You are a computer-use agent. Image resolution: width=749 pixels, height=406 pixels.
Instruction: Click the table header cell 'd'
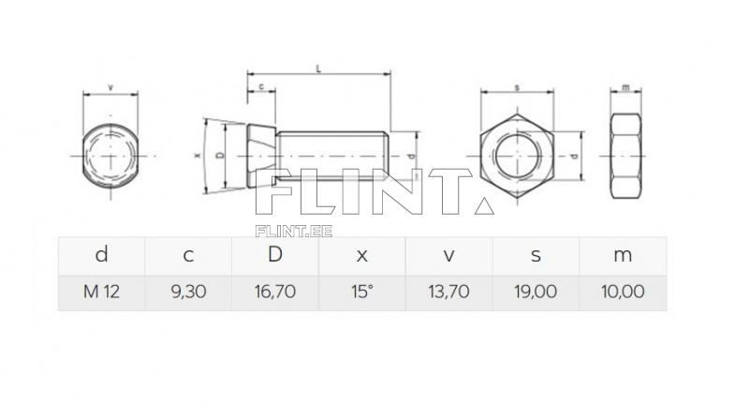point(101,255)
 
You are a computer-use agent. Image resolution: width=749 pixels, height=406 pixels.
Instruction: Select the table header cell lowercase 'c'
point(188,255)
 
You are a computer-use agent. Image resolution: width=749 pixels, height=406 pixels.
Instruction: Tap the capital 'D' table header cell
point(274,255)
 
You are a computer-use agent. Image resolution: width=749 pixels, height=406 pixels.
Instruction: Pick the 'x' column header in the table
point(361,255)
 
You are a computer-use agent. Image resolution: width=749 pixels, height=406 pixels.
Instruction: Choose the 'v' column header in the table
point(448,255)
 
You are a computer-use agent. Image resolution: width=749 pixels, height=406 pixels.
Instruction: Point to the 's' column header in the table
point(536,255)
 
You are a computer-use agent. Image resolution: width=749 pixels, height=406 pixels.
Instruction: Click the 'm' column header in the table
point(623,255)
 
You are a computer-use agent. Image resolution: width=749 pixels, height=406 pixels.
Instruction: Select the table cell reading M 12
point(101,292)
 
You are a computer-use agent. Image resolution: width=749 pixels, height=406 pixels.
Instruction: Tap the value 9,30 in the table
point(188,292)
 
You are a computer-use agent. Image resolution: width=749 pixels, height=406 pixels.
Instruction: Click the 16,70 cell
point(274,292)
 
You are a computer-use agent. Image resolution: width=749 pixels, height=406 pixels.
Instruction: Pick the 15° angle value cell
point(361,292)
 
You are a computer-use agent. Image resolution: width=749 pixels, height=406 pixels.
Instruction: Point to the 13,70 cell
point(448,292)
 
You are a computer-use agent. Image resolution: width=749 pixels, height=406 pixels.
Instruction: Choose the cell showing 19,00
point(536,292)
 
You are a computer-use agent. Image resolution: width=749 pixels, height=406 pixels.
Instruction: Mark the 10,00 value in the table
point(623,292)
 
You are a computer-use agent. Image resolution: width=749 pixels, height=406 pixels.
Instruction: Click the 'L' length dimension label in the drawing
point(319,68)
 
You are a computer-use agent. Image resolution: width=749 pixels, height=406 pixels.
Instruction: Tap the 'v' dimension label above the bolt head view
point(110,87)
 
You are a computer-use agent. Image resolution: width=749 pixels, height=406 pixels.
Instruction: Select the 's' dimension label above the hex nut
point(517,87)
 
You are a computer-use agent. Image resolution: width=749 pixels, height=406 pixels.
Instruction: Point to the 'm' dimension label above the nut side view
point(624,87)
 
